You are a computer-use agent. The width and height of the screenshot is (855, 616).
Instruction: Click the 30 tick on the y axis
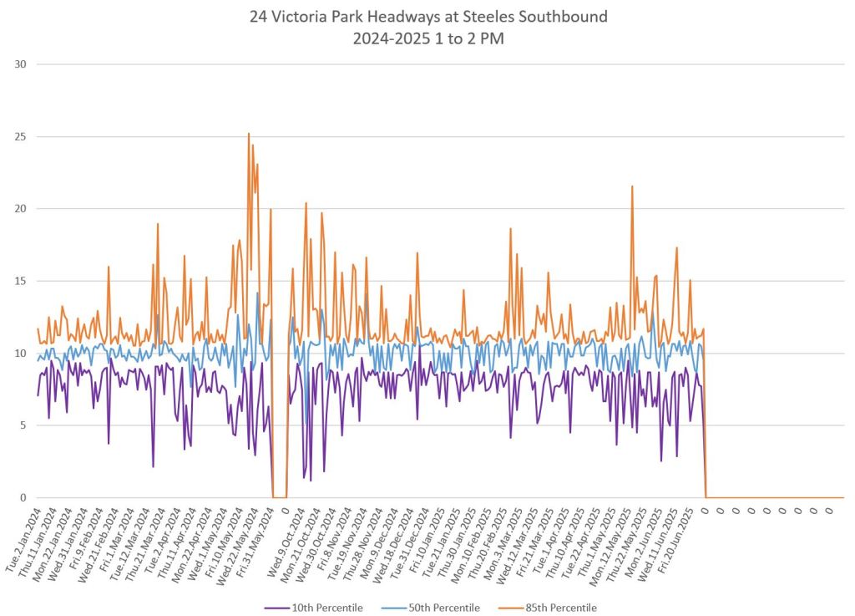point(19,64)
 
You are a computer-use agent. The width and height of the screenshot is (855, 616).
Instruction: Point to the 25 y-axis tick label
point(19,136)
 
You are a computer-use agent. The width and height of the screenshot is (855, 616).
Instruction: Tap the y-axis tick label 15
point(19,281)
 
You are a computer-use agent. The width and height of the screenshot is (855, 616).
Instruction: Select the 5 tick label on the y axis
point(23,425)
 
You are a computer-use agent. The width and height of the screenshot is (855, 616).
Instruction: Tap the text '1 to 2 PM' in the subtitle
point(473,38)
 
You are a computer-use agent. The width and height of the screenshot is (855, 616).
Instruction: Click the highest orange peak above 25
point(248,134)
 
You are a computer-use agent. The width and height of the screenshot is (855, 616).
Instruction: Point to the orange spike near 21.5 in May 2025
point(632,186)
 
